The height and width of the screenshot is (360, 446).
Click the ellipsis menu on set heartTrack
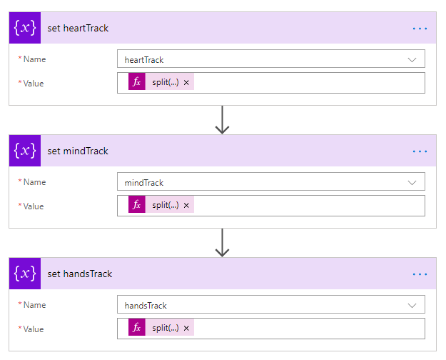pos(420,29)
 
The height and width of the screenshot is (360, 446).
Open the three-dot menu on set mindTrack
pos(420,151)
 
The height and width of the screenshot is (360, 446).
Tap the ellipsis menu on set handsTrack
pos(420,274)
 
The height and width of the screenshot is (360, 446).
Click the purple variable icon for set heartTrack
pos(25,29)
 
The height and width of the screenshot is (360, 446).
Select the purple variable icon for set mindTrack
pos(25,151)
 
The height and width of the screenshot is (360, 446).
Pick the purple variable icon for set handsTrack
pos(25,274)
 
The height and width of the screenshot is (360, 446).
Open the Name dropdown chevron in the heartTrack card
pos(412,60)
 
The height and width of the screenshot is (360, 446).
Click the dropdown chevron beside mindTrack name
pos(412,183)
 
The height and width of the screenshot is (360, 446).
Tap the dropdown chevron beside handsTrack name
pos(412,306)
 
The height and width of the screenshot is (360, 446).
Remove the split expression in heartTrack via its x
pos(186,83)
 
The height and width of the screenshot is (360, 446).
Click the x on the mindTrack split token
pos(186,206)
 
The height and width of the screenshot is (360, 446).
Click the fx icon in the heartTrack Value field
pos(136,82)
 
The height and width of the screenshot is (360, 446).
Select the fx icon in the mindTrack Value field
pos(136,205)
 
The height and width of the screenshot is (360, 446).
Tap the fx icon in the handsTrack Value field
pos(136,328)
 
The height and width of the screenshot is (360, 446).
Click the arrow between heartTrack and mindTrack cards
pos(222,120)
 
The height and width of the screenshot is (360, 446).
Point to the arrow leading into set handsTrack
pos(222,243)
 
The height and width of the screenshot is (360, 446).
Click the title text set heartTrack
pos(78,29)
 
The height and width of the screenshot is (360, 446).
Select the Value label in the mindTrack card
pos(33,206)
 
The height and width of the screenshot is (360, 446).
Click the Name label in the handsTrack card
pos(34,305)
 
